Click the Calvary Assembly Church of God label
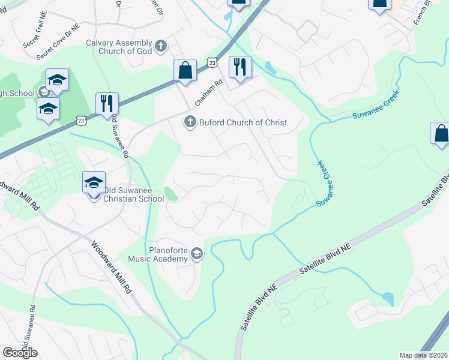[x=119, y=47]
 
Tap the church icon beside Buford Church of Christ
[x=190, y=122]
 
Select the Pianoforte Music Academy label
[x=159, y=254]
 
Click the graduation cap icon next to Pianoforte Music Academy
[x=197, y=255]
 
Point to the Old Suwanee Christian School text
[x=133, y=194]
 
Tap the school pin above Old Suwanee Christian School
[x=94, y=182]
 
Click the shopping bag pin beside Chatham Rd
[x=185, y=70]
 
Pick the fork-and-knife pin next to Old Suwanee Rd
[x=107, y=104]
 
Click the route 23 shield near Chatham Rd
[x=211, y=62]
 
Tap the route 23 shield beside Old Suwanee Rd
[x=82, y=121]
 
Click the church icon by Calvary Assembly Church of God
[x=161, y=46]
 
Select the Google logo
[x=20, y=353]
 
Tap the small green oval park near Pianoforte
[x=171, y=194]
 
